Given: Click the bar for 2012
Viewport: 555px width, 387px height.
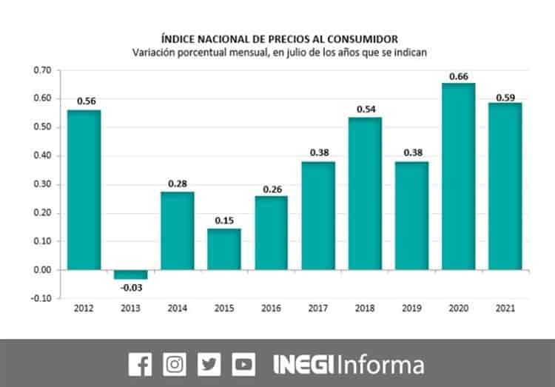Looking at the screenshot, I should pos(84,189).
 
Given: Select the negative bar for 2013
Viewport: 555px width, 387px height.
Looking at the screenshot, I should pos(130,275).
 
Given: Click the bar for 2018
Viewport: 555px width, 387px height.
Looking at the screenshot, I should pos(365,193).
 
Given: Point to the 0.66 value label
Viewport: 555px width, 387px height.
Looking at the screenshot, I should pos(458,76).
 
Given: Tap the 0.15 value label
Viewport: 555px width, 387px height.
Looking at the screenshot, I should pos(224,221).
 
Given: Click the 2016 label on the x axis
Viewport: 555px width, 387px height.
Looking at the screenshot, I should pos(271,308).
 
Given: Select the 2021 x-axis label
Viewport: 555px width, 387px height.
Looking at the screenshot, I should pos(505,308).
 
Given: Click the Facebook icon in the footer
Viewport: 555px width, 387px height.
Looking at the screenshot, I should pos(140,364).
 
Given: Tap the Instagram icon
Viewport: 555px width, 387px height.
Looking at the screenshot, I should pos(175,364).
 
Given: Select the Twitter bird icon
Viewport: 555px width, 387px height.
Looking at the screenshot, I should pos(209,364).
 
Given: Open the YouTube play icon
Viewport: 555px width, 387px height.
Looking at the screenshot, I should pos(243,364).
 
